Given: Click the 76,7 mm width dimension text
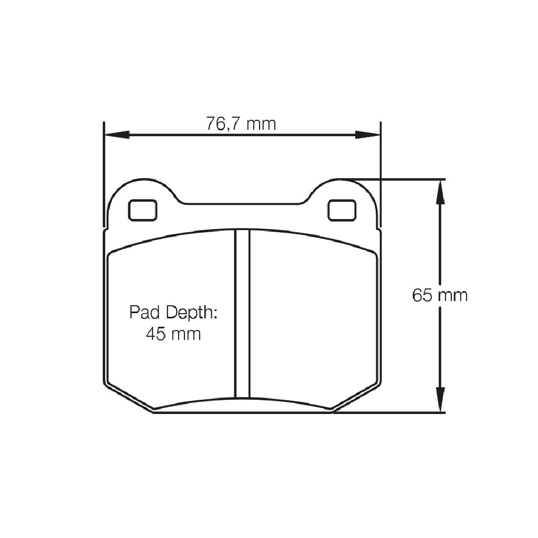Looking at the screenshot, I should coord(241,124).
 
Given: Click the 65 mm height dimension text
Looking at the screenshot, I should coord(440,295).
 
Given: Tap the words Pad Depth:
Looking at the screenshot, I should coord(173,313).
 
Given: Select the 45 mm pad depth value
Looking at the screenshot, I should coord(173,334).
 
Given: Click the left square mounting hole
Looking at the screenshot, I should coord(142,210).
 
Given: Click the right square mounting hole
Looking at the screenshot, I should coord(342,210).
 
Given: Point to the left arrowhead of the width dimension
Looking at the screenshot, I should coord(117,135).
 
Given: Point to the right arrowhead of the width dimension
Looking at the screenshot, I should coord(368,135).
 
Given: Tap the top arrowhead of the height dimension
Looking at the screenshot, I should coord(440,192).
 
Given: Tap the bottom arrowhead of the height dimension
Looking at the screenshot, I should coord(440,400).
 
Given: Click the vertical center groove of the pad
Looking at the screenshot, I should coord(242,315).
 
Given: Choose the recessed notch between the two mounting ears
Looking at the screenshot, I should coord(242,208).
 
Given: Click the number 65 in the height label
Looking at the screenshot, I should coord(422,295).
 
